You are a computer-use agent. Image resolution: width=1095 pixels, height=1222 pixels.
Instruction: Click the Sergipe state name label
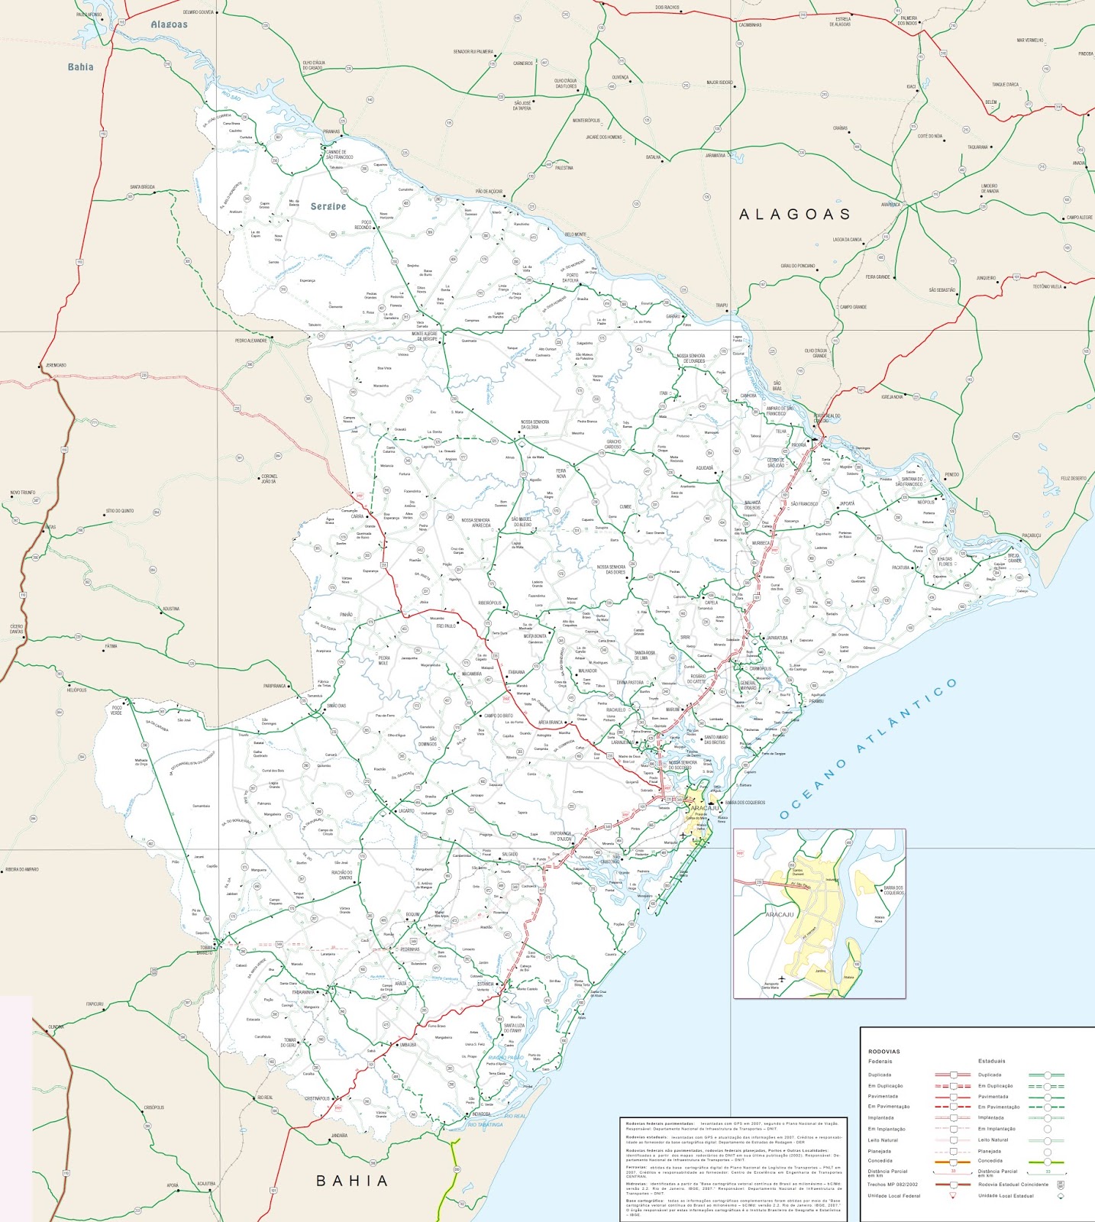point(328,206)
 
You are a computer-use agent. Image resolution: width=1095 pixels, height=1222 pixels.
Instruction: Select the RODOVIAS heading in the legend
point(884,1052)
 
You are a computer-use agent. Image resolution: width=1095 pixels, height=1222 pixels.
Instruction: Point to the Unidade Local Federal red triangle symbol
point(952,1195)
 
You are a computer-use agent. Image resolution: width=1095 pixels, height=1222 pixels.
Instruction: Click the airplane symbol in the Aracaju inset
point(781,978)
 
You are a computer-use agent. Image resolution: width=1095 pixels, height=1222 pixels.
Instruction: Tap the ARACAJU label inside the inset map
point(780,914)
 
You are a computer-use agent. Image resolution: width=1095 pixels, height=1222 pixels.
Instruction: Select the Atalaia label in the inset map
point(849,977)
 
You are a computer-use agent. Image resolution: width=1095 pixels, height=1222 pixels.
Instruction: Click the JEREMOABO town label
point(56,365)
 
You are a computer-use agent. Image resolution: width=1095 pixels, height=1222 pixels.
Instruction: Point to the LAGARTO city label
point(405,811)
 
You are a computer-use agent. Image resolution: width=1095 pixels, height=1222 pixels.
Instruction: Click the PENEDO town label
point(951,474)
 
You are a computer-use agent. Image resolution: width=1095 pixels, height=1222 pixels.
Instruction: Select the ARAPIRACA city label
point(890,205)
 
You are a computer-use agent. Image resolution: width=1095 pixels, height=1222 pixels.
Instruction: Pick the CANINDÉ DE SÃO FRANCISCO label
point(340,154)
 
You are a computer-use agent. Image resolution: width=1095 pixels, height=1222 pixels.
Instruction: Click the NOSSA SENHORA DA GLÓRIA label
point(535,425)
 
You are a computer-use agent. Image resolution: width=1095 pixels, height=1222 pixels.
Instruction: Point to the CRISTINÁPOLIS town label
point(317,1098)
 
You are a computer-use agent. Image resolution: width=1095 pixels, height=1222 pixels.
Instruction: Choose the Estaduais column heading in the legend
point(991,1061)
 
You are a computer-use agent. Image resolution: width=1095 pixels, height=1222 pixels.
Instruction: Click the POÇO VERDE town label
point(116,710)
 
